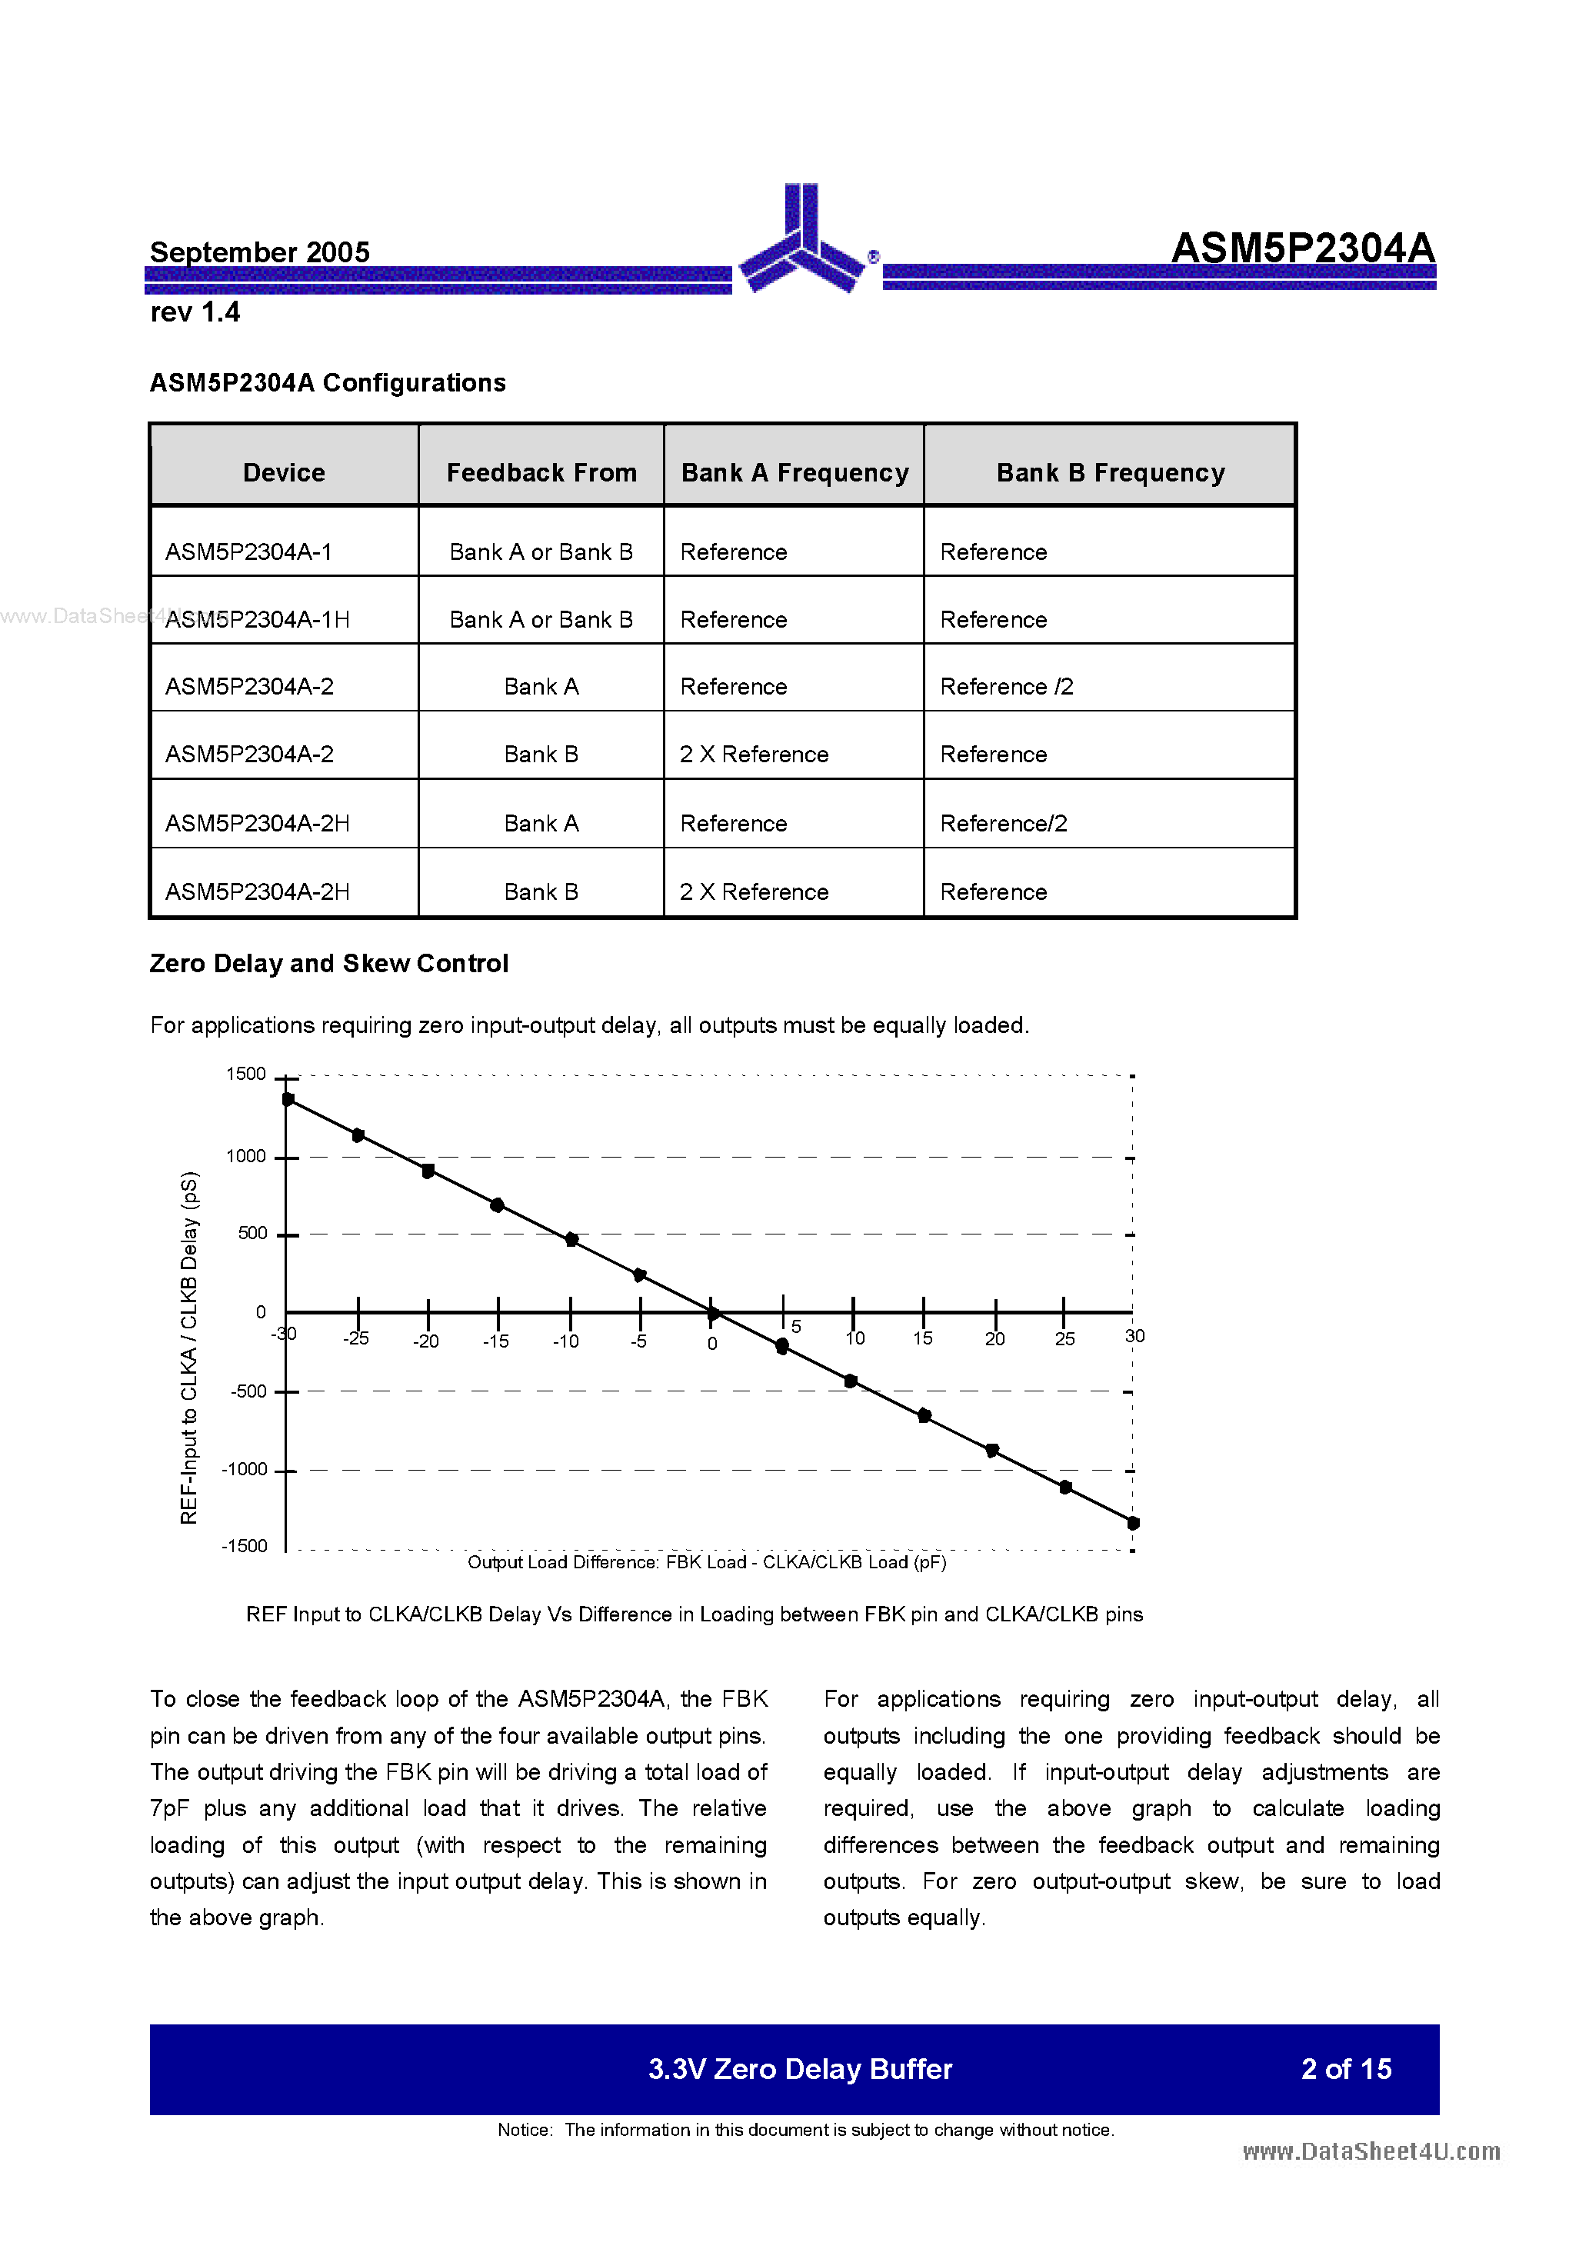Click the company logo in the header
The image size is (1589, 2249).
(801, 240)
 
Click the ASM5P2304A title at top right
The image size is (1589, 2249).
(1302, 248)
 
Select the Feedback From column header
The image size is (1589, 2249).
(541, 472)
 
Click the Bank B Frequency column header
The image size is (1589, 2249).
(1110, 472)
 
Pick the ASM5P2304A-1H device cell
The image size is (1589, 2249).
(258, 619)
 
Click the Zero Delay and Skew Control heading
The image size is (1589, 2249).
(328, 963)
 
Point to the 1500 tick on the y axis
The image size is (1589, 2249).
(246, 1074)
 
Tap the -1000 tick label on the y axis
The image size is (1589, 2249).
(244, 1468)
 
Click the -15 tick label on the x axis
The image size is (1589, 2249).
(496, 1341)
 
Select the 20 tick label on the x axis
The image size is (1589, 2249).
(994, 1339)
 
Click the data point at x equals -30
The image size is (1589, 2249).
(288, 1099)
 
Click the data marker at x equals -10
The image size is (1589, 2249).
(572, 1239)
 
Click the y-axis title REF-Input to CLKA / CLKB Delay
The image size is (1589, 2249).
(189, 1347)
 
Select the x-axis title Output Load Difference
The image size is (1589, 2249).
(706, 1561)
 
